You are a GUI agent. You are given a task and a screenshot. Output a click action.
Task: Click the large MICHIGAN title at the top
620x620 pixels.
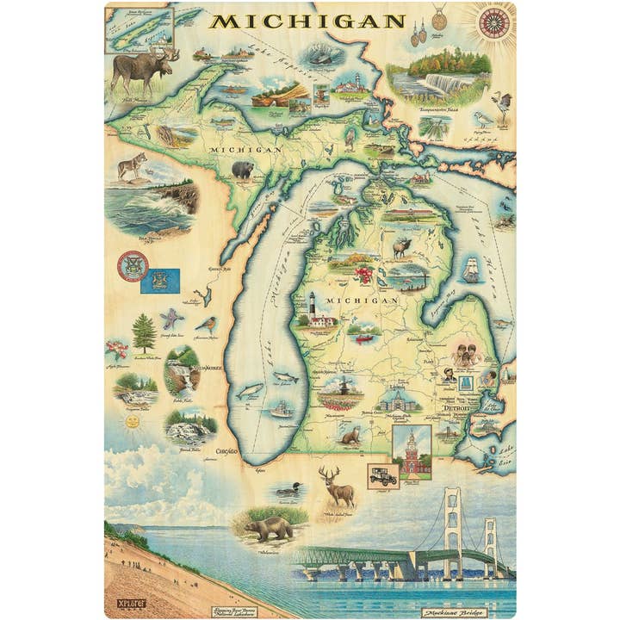click(x=307, y=21)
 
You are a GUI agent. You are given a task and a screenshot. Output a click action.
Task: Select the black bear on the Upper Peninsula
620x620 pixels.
click(x=243, y=170)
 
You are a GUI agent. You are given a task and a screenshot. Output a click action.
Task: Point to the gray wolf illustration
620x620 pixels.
click(x=132, y=165)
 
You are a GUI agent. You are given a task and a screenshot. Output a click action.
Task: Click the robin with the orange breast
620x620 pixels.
click(x=206, y=325)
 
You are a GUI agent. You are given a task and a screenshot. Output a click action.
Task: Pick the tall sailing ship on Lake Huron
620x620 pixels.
click(x=471, y=269)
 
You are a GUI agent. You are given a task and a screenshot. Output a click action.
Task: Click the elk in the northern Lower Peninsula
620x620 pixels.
click(x=401, y=247)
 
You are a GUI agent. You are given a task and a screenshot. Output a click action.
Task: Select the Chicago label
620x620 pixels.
click(x=226, y=450)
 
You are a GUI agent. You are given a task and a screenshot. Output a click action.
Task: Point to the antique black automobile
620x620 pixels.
click(x=381, y=475)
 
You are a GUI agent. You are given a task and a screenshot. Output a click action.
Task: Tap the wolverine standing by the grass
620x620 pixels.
click(x=269, y=526)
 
